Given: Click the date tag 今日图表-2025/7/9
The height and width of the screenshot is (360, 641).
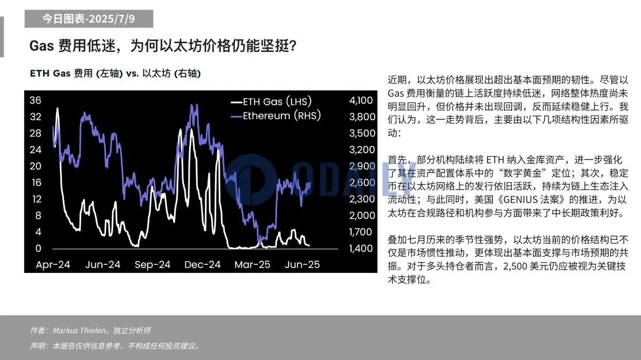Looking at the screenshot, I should pos(89,19).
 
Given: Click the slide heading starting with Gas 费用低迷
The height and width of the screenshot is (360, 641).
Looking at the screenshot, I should pos(163,46).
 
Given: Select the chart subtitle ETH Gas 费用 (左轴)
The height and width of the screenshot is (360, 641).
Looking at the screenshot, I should pos(115,74).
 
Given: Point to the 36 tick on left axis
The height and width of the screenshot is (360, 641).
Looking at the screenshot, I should pos(35,100).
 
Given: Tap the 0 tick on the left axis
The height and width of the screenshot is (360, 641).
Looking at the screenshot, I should pos(38,248).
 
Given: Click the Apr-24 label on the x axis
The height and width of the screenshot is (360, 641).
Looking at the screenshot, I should pos(53,265).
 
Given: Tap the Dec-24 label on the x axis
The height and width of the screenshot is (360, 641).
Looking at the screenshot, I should pos(202,265).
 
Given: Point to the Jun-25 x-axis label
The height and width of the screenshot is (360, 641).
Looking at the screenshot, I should pos(302,265).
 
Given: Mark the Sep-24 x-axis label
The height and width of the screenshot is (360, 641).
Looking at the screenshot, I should pos(152,265).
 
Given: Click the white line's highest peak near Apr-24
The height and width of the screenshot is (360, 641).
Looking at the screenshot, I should pos(57,109).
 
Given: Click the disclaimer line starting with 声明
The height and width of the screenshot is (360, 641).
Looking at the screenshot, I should pos(115,346).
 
